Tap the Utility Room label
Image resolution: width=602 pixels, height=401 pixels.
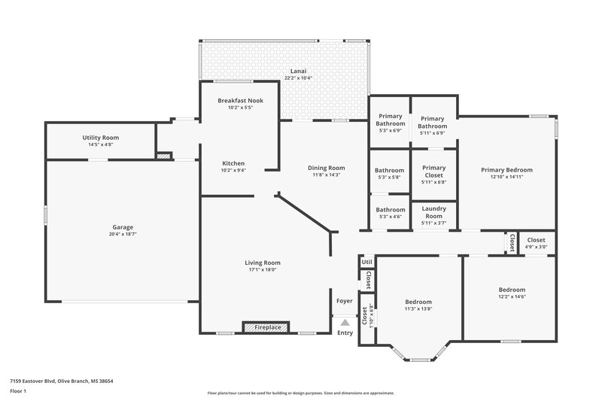[x=101, y=138]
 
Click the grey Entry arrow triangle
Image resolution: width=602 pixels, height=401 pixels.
[x=345, y=322]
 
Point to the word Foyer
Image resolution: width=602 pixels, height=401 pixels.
[x=345, y=301]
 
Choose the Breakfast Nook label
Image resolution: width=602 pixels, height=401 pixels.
[x=240, y=100]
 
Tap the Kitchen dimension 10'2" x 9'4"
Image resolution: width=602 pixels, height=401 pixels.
[x=233, y=170]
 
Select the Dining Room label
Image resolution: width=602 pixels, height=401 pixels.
[x=327, y=168]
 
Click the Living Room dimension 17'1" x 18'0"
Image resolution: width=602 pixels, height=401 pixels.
[x=263, y=269]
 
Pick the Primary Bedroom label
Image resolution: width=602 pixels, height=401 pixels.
[x=506, y=170]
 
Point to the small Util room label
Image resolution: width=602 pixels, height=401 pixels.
[x=367, y=263]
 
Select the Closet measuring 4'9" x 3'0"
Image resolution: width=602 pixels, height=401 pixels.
[x=537, y=240]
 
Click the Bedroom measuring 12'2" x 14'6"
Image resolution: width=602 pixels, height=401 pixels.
[x=512, y=290]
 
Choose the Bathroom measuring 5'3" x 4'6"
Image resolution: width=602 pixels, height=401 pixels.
[x=390, y=210]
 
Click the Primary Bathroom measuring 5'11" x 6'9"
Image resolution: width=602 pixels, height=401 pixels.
[x=433, y=122]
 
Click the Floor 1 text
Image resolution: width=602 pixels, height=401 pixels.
[x=17, y=392]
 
